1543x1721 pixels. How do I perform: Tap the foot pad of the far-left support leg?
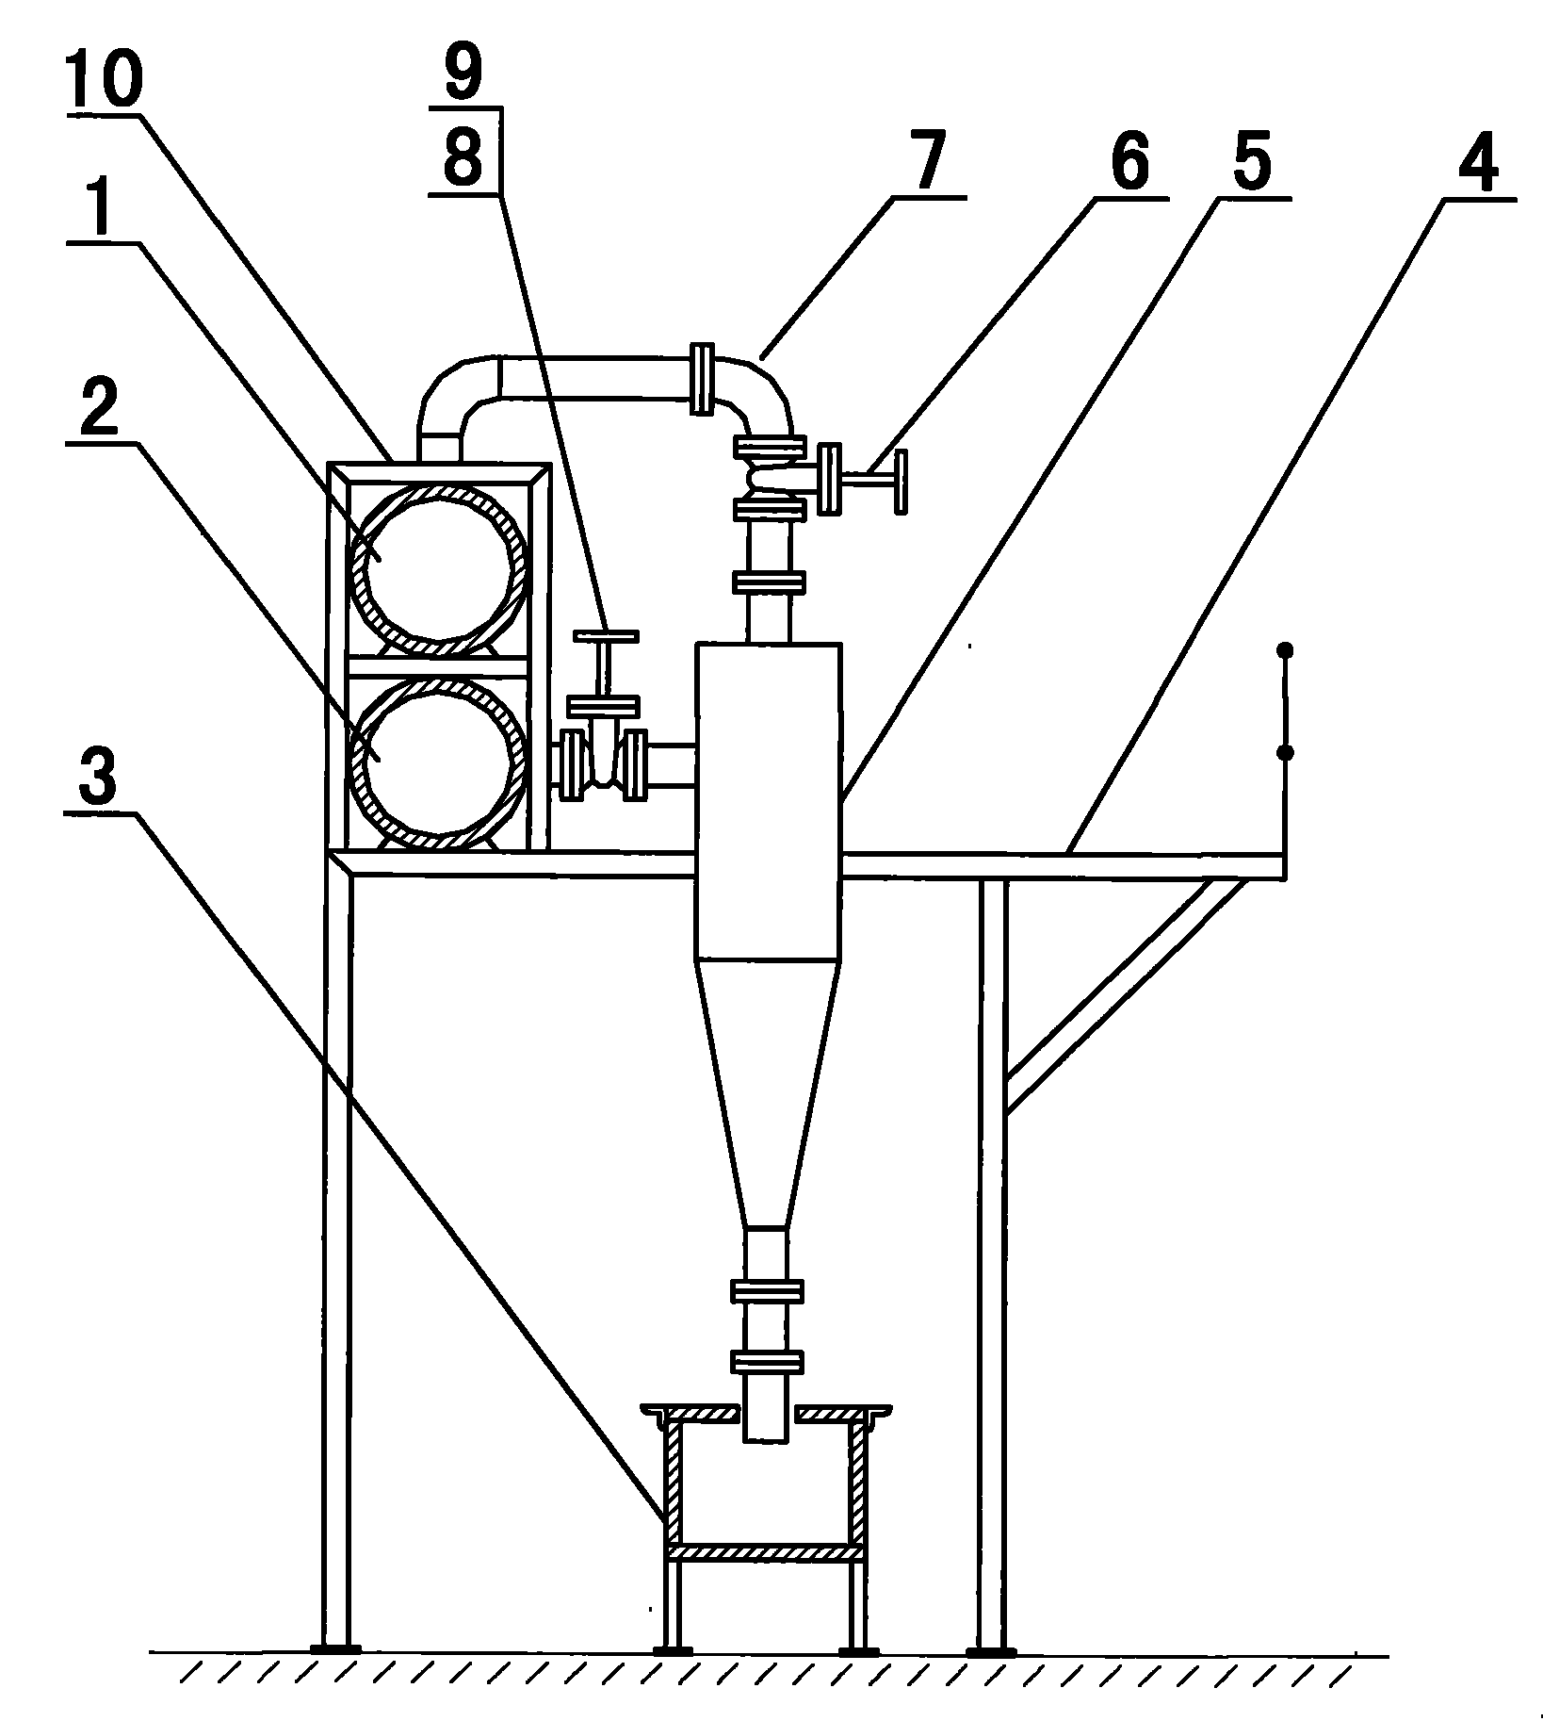(335, 1650)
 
